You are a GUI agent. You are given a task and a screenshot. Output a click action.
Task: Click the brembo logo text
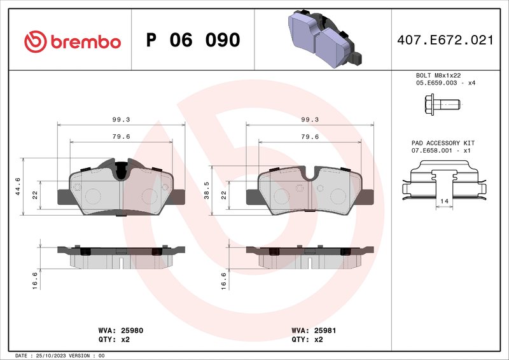click(x=85, y=41)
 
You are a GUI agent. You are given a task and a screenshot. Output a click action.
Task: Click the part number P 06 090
click(x=193, y=41)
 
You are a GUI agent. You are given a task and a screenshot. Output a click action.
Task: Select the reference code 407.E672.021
click(x=444, y=40)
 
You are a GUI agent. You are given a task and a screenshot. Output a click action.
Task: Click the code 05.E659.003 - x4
click(x=445, y=83)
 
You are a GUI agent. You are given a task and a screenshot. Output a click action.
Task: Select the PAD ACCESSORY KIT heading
click(x=443, y=143)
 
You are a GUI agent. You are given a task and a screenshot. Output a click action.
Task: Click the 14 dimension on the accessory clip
click(x=443, y=200)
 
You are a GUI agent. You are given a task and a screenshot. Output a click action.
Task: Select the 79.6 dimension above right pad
click(x=310, y=136)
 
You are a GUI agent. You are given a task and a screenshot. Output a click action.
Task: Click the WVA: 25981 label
click(x=309, y=331)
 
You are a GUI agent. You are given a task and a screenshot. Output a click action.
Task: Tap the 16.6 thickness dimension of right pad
click(x=224, y=280)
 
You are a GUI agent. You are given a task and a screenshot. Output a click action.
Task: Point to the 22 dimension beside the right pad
click(x=224, y=195)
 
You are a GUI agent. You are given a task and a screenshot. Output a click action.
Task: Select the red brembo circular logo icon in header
click(x=36, y=41)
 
